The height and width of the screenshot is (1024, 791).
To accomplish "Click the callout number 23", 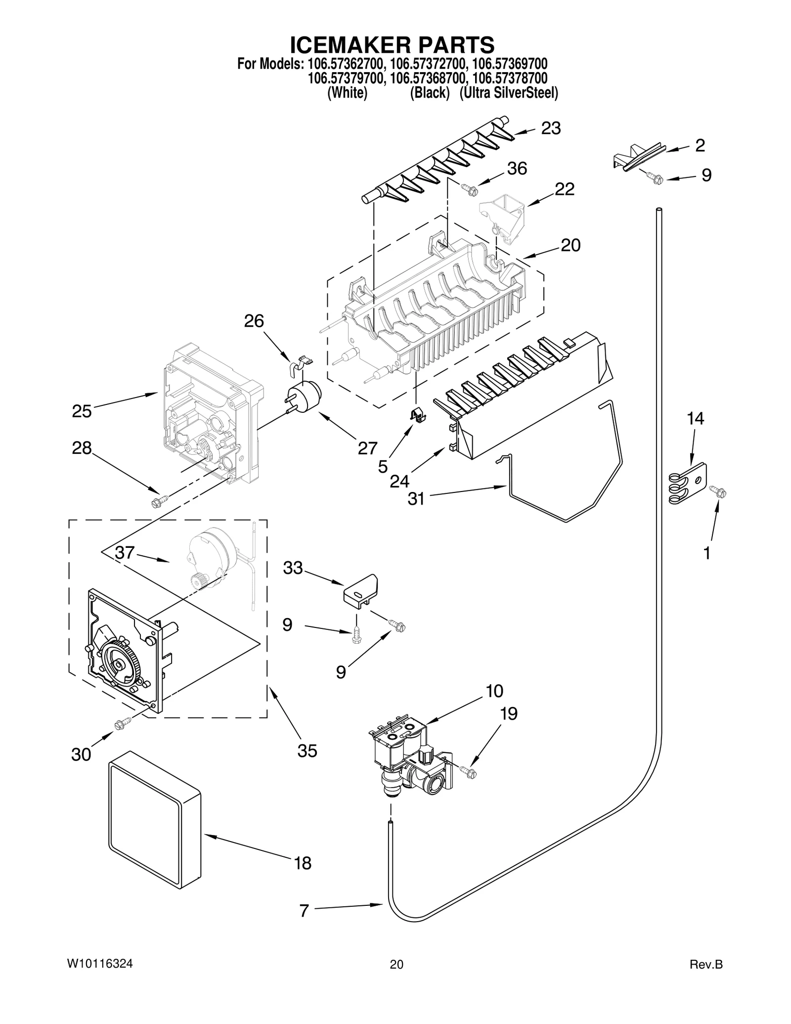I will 551,128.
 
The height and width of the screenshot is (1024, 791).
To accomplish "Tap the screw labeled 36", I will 468,188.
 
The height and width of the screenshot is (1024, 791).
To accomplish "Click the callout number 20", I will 571,245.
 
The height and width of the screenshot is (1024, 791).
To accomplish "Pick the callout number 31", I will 416,498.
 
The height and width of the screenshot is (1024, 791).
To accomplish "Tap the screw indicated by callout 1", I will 718,491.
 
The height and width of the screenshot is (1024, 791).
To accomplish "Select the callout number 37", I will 125,552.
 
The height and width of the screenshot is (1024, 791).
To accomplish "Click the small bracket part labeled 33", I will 361,589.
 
